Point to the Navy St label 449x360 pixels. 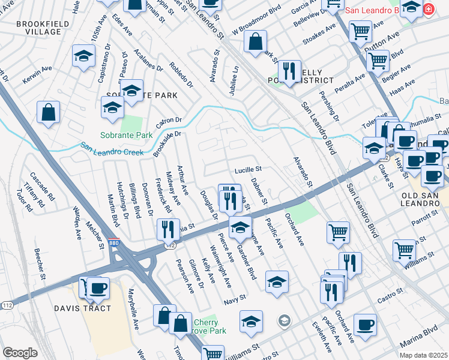235,298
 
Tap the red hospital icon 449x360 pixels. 428,9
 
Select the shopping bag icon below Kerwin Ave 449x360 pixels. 48,112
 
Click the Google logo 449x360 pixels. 20,352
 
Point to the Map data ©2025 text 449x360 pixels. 423,355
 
